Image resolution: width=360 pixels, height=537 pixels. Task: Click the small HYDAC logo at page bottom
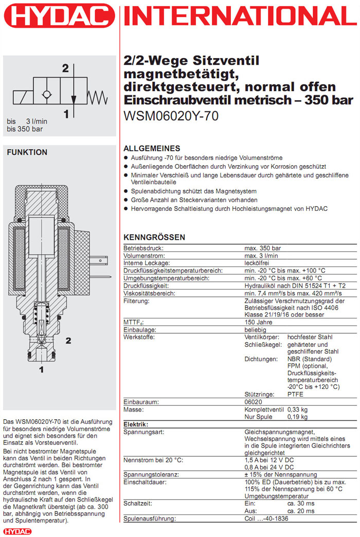click(x=17, y=530)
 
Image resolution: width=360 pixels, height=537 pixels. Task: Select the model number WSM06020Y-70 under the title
click(x=171, y=116)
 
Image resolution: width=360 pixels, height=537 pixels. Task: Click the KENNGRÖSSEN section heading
click(x=154, y=237)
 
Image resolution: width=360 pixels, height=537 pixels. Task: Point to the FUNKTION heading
click(x=27, y=152)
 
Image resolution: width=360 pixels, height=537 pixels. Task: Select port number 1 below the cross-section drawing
click(x=42, y=369)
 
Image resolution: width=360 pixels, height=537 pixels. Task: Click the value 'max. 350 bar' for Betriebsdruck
click(x=262, y=248)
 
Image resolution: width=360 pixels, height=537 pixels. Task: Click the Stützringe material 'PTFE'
click(x=296, y=394)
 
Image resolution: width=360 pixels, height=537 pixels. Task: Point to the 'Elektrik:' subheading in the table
click(x=136, y=424)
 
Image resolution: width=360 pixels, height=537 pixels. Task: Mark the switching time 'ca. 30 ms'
click(x=301, y=504)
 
